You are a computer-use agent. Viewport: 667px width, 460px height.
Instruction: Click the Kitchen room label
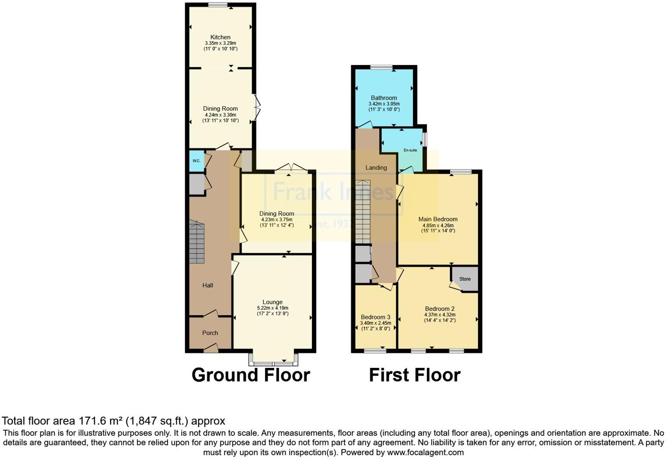coord(220,37)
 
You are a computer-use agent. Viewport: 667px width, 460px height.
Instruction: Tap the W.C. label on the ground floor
coord(197,161)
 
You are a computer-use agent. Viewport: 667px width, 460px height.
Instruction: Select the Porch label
coord(210,333)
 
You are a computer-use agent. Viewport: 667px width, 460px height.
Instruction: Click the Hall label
coord(208,285)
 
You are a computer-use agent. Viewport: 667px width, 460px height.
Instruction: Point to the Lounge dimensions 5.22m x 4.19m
coord(273,308)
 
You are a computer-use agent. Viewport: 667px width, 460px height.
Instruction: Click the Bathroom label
coord(384,98)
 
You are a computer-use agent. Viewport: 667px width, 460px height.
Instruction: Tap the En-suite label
coord(410,150)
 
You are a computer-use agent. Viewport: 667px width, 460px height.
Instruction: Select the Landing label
coord(376,168)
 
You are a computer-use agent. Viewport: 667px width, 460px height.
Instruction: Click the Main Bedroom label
coord(438,219)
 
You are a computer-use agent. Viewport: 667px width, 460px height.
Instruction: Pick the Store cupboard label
coord(465,279)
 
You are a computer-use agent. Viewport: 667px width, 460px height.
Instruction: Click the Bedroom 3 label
coord(375,317)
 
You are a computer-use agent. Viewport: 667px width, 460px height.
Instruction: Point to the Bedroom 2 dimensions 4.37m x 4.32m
coord(440,315)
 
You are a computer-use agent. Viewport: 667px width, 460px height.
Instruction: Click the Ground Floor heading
coord(251,375)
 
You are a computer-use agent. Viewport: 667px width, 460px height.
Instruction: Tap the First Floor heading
coord(415,375)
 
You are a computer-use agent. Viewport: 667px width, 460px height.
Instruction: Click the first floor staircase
coord(363,211)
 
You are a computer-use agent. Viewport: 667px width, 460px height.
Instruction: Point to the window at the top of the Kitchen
coord(218,5)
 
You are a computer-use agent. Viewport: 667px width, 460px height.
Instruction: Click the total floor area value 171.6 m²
coord(100,421)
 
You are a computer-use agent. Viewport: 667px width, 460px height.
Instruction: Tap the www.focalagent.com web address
coord(425,452)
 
